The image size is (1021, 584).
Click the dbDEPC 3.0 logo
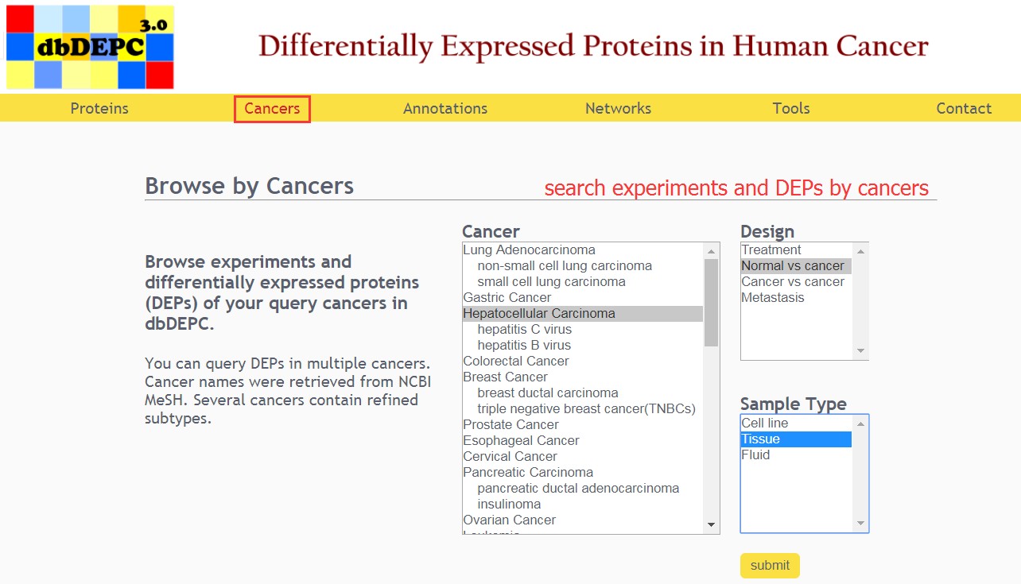[90, 47]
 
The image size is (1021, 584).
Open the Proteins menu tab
[99, 108]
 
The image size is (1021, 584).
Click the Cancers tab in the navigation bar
[272, 108]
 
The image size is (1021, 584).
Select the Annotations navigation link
[445, 108]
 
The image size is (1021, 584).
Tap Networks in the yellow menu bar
[618, 108]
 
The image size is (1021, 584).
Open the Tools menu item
[791, 108]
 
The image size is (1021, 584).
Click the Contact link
[964, 108]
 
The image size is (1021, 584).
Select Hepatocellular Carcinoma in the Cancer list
[539, 313]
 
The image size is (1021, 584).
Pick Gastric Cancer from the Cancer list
[507, 297]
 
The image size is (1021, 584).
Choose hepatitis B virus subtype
[524, 346]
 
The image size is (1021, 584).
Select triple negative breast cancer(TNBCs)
[587, 408]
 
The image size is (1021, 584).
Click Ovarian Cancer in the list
[510, 520]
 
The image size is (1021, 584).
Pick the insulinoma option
[509, 504]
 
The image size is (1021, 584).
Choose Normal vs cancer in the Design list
[793, 265]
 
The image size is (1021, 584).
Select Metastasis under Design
[773, 297]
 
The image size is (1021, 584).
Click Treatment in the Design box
[771, 249]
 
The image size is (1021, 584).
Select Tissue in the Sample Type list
[761, 439]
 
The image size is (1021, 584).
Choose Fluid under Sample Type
[755, 454]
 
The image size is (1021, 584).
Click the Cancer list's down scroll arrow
[711, 524]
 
